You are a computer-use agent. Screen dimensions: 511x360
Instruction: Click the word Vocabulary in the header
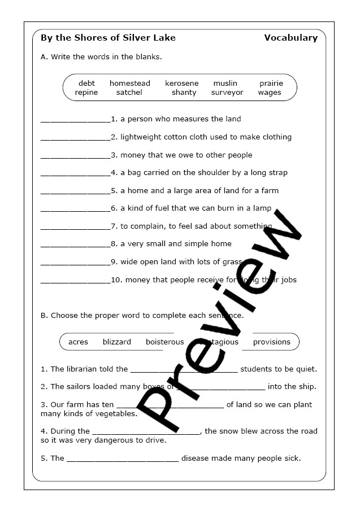pyautogui.click(x=290, y=38)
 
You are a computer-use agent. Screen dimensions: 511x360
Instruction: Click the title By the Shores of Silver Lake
pyautogui.click(x=108, y=38)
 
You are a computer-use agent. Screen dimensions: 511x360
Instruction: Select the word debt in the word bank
pyautogui.click(x=86, y=84)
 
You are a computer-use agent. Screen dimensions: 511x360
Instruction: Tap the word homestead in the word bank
pyautogui.click(x=130, y=84)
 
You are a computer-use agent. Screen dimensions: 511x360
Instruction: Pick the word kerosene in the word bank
pyautogui.click(x=181, y=84)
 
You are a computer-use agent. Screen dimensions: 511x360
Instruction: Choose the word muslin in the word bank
pyautogui.click(x=225, y=84)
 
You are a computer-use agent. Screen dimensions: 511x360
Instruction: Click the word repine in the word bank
pyautogui.click(x=86, y=93)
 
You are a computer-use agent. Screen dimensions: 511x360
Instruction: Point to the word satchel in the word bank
pyautogui.click(x=129, y=93)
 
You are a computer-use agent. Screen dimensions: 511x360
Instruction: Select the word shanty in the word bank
pyautogui.click(x=184, y=93)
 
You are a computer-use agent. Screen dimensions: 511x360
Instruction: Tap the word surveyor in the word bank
pyautogui.click(x=227, y=93)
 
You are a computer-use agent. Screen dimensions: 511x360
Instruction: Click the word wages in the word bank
pyautogui.click(x=270, y=93)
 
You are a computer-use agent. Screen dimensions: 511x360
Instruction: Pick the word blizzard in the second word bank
pyautogui.click(x=117, y=342)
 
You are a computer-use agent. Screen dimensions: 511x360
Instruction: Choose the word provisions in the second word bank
pyautogui.click(x=271, y=342)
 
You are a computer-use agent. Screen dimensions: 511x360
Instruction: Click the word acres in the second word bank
pyautogui.click(x=78, y=342)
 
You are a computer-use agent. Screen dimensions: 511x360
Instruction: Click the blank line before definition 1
pyautogui.click(x=76, y=120)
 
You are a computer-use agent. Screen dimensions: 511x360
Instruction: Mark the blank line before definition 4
pyautogui.click(x=76, y=174)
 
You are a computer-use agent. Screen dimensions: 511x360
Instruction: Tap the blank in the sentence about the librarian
pyautogui.click(x=184, y=370)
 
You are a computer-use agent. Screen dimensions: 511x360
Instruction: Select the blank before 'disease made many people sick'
pyautogui.click(x=123, y=460)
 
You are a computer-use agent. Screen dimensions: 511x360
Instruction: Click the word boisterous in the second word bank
pyautogui.click(x=165, y=342)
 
